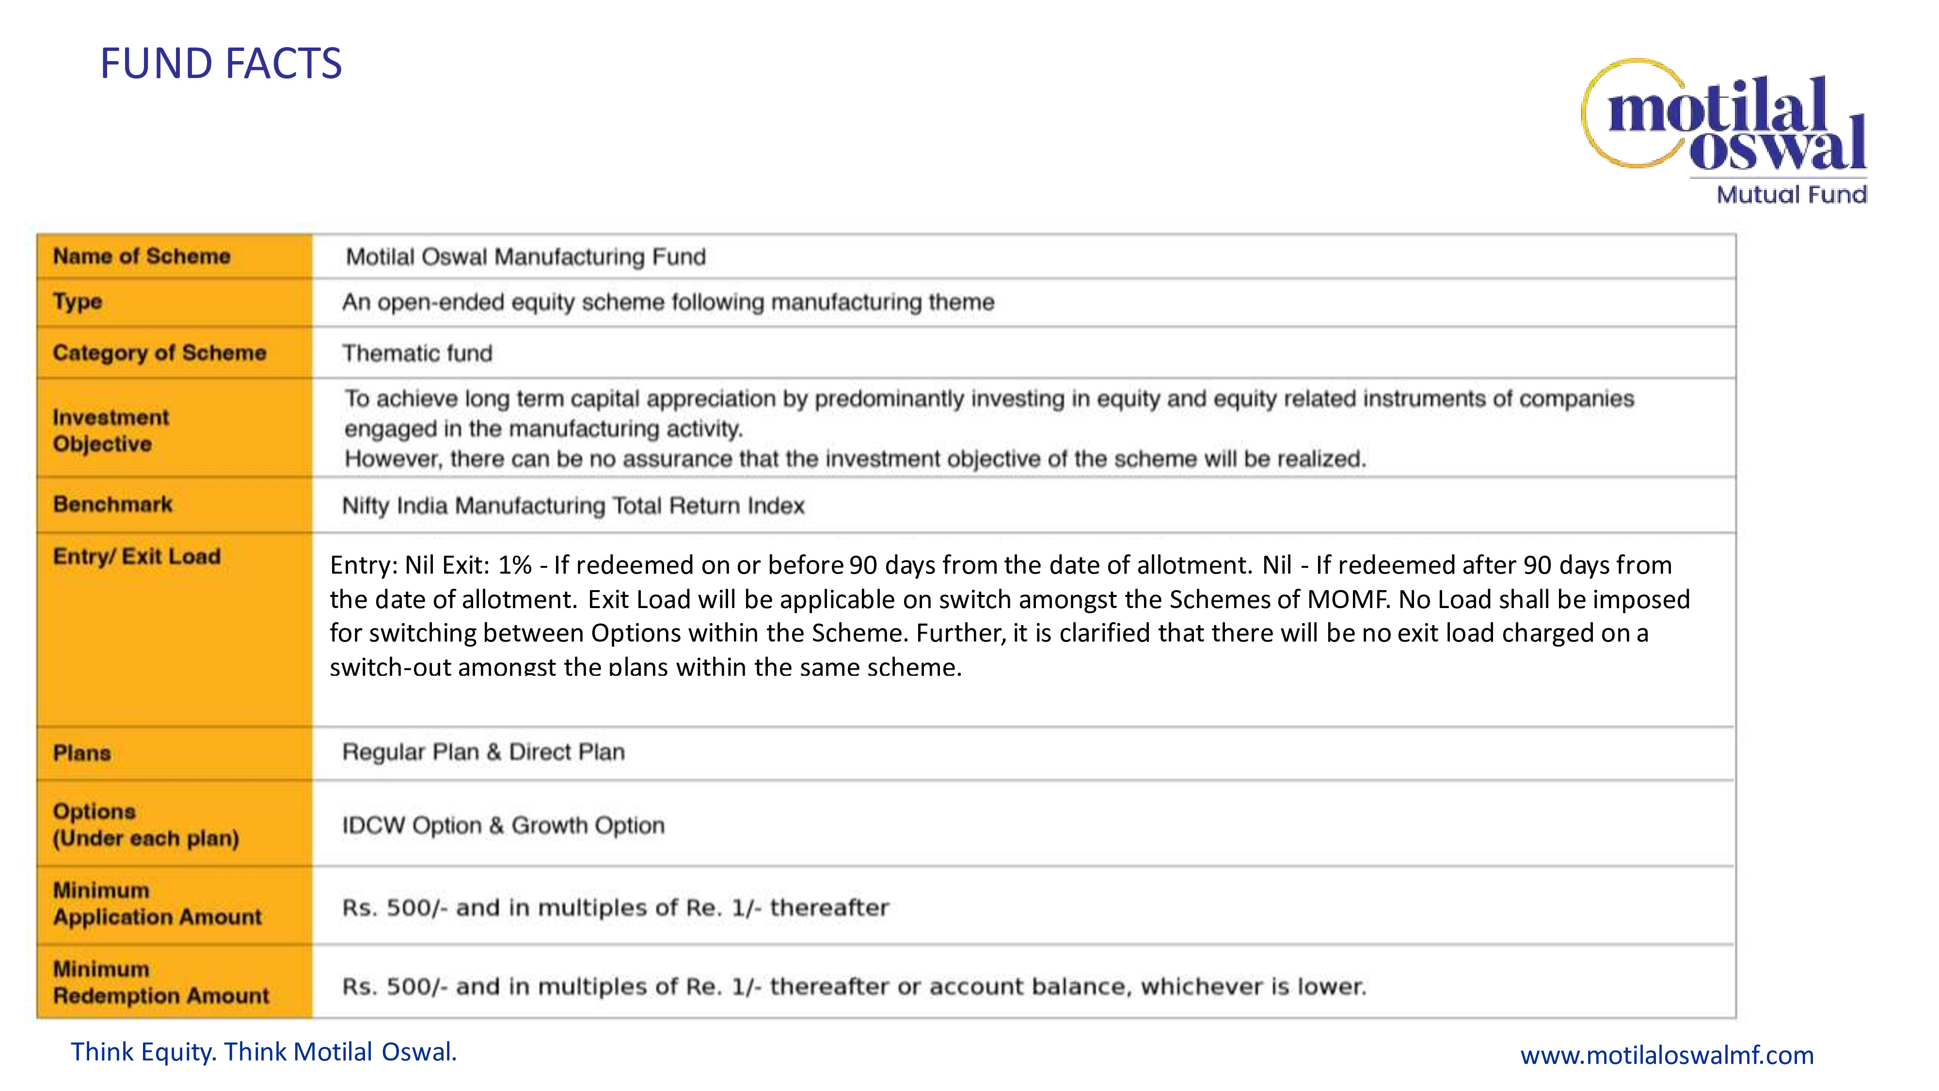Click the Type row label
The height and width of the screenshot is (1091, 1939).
click(78, 302)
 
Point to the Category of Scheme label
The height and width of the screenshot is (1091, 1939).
click(159, 353)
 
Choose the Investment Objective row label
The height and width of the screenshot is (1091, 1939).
click(111, 430)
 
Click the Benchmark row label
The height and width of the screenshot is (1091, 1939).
click(113, 504)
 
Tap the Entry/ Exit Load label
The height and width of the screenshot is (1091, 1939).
click(137, 557)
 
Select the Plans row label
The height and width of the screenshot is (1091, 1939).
click(82, 753)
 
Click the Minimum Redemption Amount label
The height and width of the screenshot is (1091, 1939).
click(160, 982)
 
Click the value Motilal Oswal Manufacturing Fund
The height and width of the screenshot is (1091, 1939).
click(525, 257)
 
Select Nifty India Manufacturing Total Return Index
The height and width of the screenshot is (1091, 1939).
click(573, 505)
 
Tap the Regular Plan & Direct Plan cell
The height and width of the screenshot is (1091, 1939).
click(483, 752)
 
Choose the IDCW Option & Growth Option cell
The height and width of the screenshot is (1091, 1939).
click(503, 825)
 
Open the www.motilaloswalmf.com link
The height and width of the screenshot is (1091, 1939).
click(1667, 1055)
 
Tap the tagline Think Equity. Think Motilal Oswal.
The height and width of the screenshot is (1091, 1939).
click(263, 1052)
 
